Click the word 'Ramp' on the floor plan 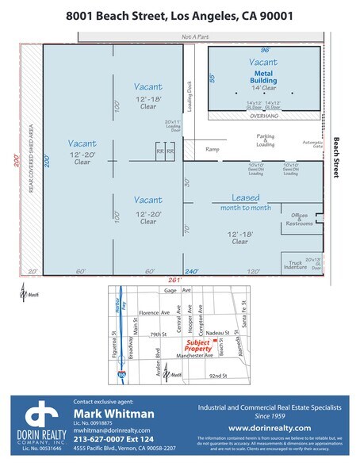(212, 149)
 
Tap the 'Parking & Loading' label (265, 140)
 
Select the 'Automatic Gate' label (313, 145)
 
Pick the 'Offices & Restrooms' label (300, 220)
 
